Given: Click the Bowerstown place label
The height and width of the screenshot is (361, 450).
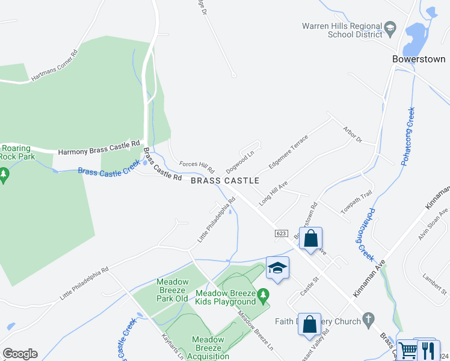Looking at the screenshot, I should pos(418,60).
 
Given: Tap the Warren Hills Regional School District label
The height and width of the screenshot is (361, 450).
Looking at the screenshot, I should pos(342,31).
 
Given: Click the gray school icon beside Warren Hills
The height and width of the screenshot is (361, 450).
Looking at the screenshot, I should pos(390,27).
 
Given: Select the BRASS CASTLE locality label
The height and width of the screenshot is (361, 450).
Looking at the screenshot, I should pos(225,180).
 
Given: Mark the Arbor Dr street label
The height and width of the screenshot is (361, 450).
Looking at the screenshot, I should pos(352,134).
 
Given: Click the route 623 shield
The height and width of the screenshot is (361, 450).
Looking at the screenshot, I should pos(282,233).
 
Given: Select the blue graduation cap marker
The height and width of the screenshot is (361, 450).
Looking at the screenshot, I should pos(277,268).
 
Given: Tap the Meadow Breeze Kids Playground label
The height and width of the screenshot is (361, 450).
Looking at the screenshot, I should pos(226,297).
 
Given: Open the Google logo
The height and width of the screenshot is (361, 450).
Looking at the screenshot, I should pos(20,354).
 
